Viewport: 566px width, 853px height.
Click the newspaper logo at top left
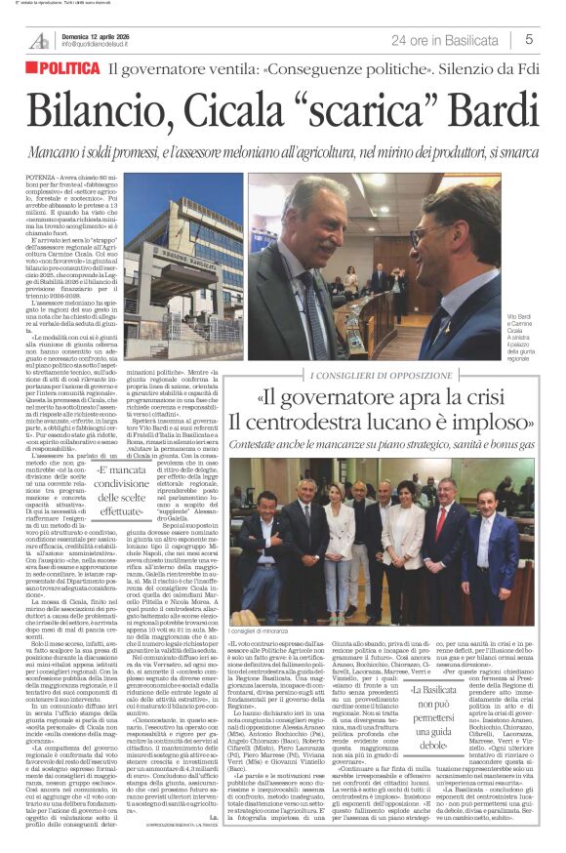pyautogui.click(x=39, y=39)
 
